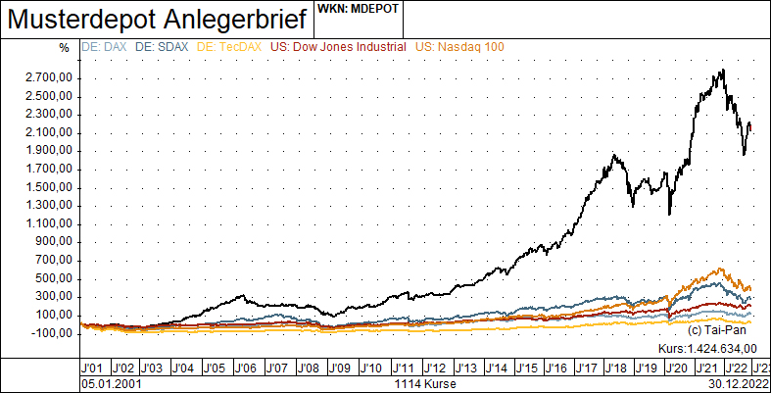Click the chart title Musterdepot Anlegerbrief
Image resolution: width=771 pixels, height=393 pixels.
[158, 19]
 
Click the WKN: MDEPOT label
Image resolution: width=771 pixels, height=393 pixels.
[358, 9]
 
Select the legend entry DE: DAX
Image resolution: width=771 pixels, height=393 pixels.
[105, 46]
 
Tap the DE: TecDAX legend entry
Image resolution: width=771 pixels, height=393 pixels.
[230, 46]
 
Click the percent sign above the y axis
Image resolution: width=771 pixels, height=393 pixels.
[64, 47]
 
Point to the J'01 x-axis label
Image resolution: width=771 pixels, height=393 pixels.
[93, 367]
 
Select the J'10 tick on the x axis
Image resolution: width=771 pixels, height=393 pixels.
[371, 367]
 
